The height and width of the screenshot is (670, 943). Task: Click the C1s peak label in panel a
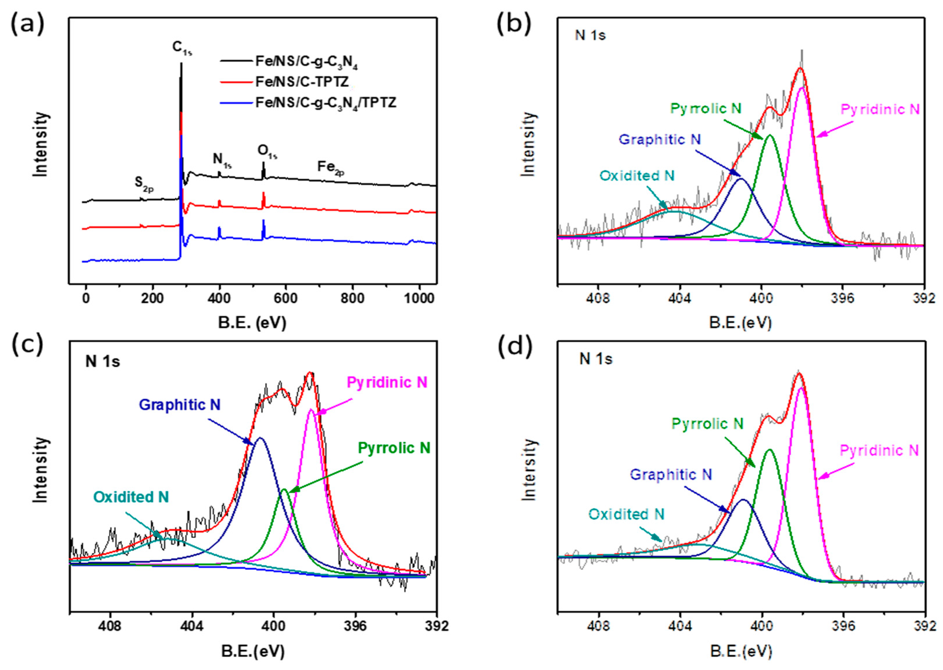pyautogui.click(x=182, y=48)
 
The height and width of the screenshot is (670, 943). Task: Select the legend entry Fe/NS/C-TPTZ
pyautogui.click(x=302, y=82)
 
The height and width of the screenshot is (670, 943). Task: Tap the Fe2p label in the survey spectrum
pyautogui.click(x=330, y=167)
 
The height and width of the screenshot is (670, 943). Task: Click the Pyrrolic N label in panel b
pyautogui.click(x=706, y=109)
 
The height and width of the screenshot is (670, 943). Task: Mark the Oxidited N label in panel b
pyautogui.click(x=637, y=176)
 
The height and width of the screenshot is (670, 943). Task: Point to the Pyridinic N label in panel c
pyautogui.click(x=387, y=382)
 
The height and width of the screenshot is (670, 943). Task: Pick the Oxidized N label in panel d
pyautogui.click(x=626, y=514)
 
